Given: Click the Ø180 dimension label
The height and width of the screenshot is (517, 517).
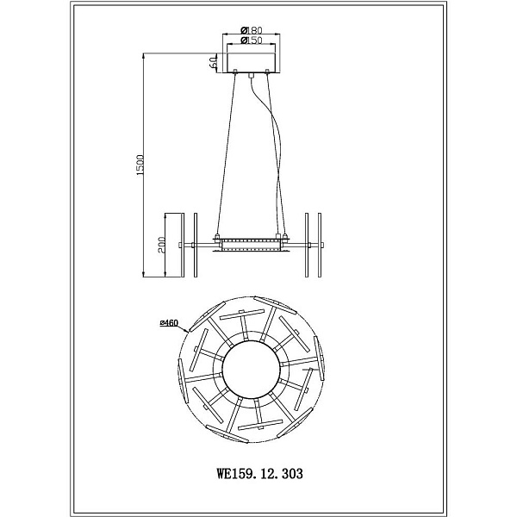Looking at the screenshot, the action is point(252,30).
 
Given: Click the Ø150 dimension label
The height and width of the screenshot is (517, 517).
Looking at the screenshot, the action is point(252,40).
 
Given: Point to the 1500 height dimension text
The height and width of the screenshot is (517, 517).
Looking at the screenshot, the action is point(140,165).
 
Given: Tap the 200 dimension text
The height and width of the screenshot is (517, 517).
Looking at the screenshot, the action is point(162,245).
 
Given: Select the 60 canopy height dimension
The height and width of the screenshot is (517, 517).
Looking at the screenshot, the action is point(214,62).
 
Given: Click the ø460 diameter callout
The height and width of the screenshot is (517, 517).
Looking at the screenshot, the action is point(169,323).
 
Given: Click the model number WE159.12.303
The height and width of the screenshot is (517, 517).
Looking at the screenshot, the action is point(259,474).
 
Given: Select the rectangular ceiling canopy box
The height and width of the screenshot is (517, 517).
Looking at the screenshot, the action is point(252,63).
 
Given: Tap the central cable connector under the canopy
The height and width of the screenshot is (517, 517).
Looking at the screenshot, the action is point(252,76).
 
